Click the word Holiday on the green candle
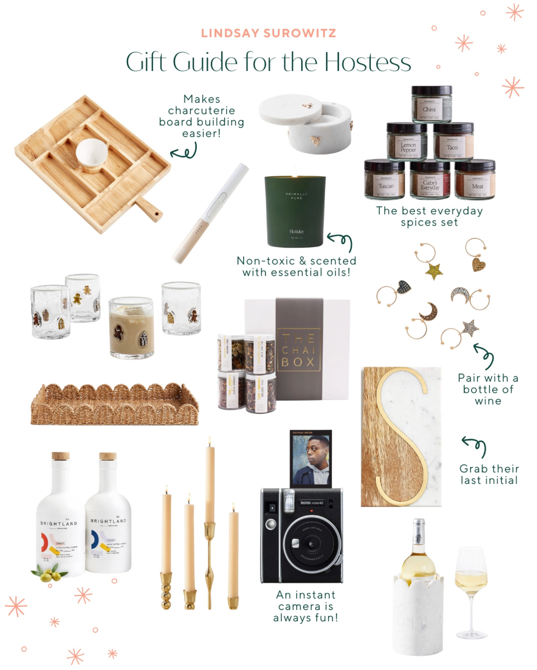click(x=297, y=231)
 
